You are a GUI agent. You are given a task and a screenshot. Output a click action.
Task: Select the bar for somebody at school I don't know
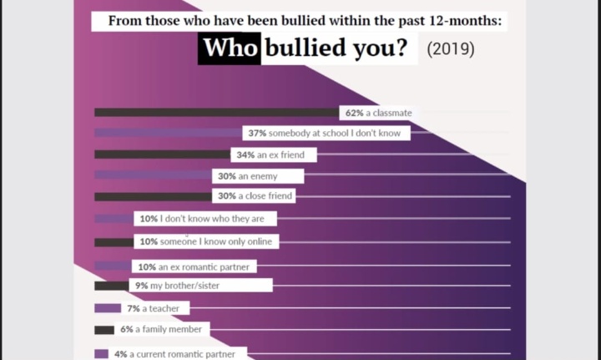[167, 134]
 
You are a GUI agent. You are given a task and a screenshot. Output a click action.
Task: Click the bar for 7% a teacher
[108, 308]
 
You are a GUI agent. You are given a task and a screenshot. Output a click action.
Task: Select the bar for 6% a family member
[104, 330]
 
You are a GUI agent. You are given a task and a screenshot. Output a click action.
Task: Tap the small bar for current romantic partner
[102, 353]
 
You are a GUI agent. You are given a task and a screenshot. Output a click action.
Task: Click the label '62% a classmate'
[376, 113]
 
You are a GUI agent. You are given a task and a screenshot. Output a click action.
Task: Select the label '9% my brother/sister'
[200, 286]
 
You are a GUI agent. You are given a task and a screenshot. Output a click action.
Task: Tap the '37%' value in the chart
[256, 134]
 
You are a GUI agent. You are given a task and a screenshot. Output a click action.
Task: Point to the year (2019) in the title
[450, 49]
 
